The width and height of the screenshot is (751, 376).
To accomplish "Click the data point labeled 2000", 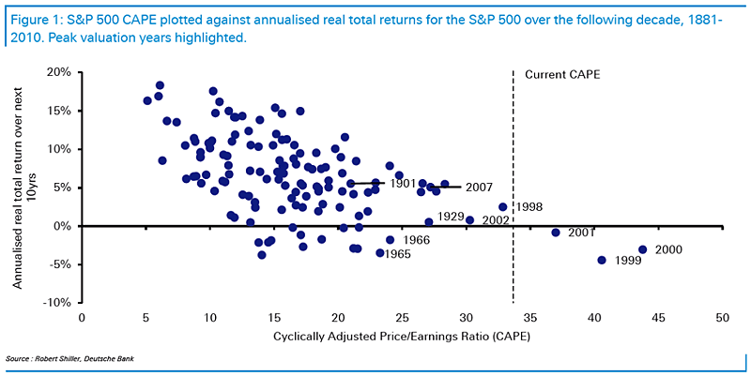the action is [x=643, y=249].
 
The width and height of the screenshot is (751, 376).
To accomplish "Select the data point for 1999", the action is [x=602, y=261].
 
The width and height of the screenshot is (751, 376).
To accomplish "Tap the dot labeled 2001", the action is [x=556, y=233].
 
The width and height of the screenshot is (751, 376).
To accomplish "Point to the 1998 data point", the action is [x=502, y=207].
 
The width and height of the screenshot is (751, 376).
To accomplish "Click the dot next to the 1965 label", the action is [x=380, y=252].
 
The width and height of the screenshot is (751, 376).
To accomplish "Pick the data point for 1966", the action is [x=390, y=240].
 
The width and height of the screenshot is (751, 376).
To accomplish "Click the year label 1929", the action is [x=450, y=217].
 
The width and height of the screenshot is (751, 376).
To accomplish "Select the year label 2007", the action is [x=480, y=188].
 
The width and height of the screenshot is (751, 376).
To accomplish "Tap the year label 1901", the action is [x=403, y=183].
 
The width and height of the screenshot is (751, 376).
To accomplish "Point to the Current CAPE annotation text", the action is [x=562, y=75].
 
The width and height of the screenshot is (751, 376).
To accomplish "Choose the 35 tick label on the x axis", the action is [x=529, y=318].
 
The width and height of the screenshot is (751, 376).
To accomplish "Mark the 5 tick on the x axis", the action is [x=146, y=318].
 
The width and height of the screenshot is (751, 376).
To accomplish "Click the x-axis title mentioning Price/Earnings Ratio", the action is [x=402, y=337].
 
